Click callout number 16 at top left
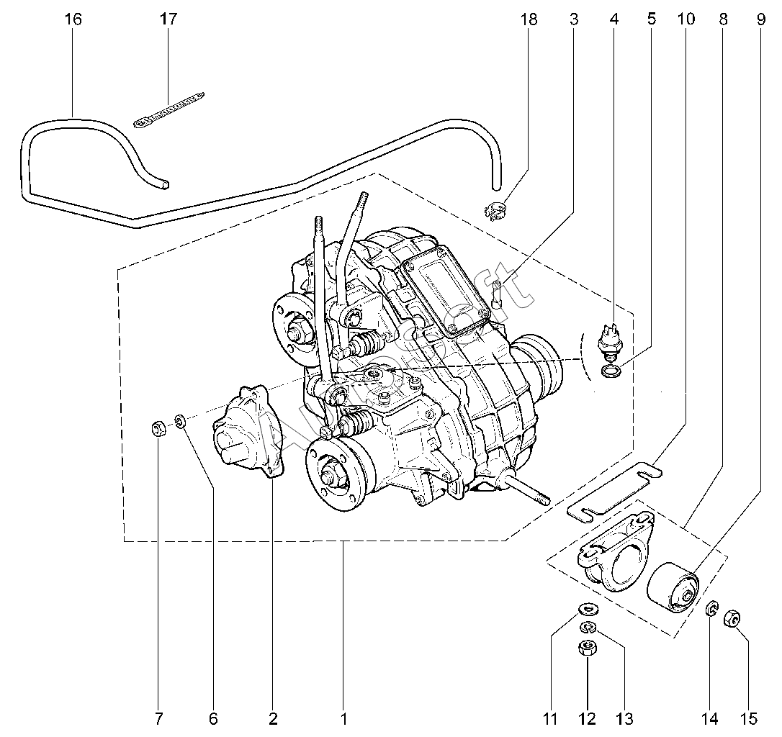(x=73, y=19)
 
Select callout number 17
(x=168, y=19)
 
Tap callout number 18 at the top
(x=529, y=19)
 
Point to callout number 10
(x=686, y=19)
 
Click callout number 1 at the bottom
(x=344, y=718)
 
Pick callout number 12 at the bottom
(x=587, y=718)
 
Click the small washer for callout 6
(x=181, y=419)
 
